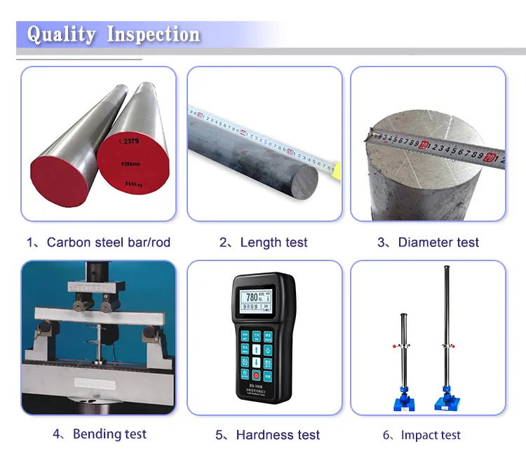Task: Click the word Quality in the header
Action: pyautogui.click(x=61, y=34)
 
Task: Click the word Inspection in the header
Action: pyautogui.click(x=153, y=34)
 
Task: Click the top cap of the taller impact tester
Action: pyautogui.click(x=447, y=269)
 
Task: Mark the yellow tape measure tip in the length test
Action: pyautogui.click(x=336, y=168)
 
